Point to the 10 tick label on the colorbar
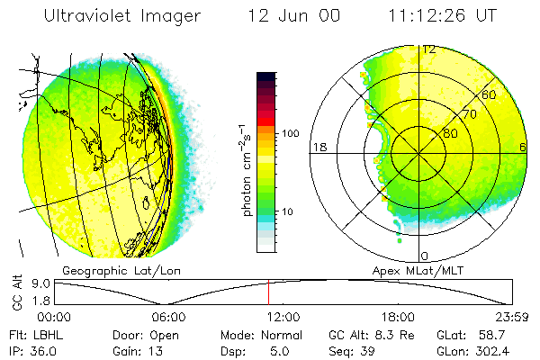[291, 212]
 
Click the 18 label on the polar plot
[318, 147]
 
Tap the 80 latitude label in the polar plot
[451, 133]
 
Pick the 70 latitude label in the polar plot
[469, 114]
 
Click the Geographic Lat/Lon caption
[112, 270]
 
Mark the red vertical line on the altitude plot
[268, 292]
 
